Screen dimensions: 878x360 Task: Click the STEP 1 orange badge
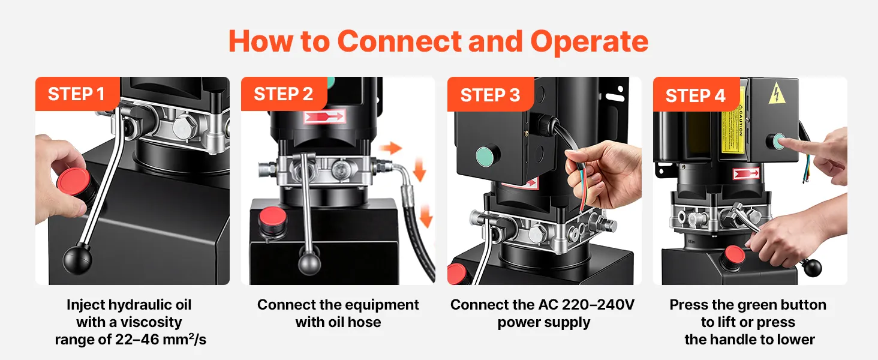coord(77,94)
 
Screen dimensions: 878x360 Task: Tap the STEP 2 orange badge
coord(284,94)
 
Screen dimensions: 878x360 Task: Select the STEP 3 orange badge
coord(491,94)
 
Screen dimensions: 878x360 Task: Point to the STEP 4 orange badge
coord(696,94)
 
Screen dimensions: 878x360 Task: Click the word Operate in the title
coord(589,42)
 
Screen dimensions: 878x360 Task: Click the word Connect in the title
coord(399,41)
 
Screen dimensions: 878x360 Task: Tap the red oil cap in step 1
coord(73,181)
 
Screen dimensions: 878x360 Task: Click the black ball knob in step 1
coord(77,260)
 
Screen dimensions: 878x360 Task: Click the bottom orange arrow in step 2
coord(426,215)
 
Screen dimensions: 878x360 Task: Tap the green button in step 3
coord(486,155)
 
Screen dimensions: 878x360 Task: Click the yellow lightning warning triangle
coord(777,94)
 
